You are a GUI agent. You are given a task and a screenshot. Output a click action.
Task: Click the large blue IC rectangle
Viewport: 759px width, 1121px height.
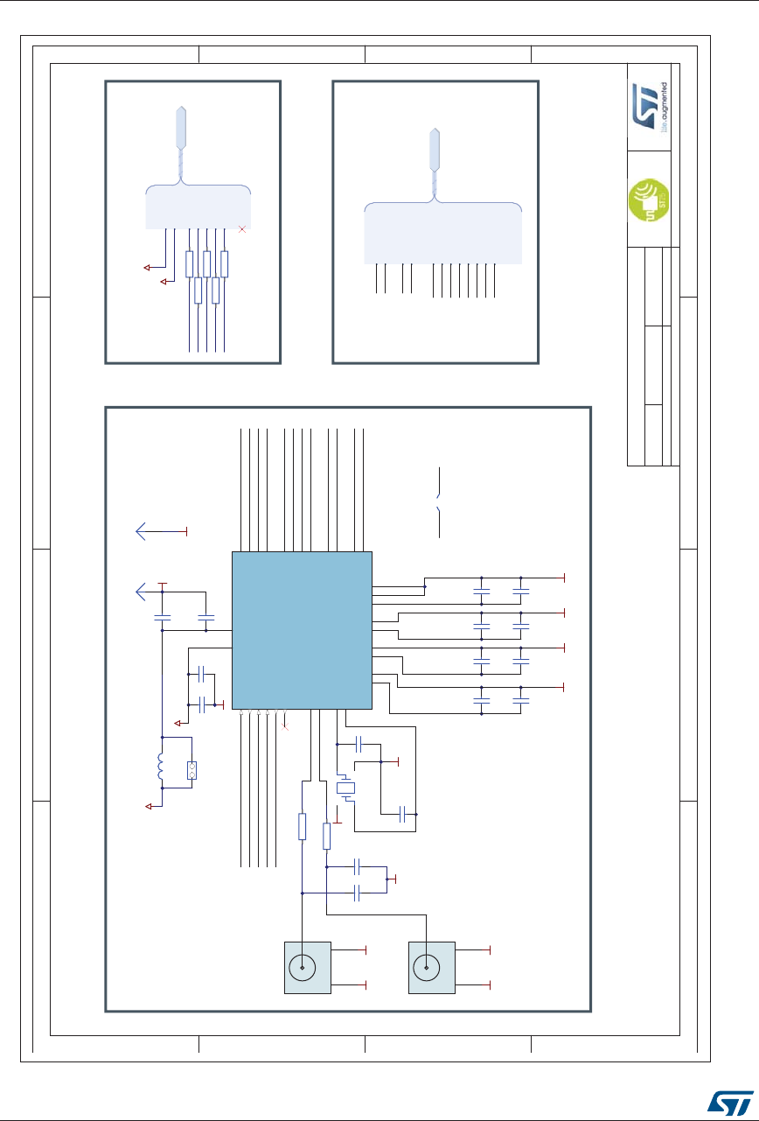tap(302, 630)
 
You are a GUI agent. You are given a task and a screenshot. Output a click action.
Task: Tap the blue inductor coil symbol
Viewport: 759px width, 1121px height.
tap(160, 768)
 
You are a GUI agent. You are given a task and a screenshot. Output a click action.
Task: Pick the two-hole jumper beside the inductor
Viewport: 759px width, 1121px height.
tap(191, 770)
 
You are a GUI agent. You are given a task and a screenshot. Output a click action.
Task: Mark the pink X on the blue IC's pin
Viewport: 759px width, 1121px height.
tap(285, 726)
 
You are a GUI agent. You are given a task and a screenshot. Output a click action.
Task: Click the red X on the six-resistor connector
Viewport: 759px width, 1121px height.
tap(242, 228)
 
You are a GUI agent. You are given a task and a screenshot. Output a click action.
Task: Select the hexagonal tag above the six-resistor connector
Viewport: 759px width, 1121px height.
tap(181, 126)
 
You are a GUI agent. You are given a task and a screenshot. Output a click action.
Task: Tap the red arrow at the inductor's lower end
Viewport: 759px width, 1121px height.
tap(150, 804)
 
